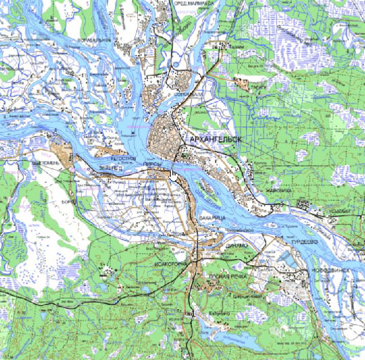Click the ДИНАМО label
tap(239, 247)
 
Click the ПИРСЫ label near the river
tap(153, 164)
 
